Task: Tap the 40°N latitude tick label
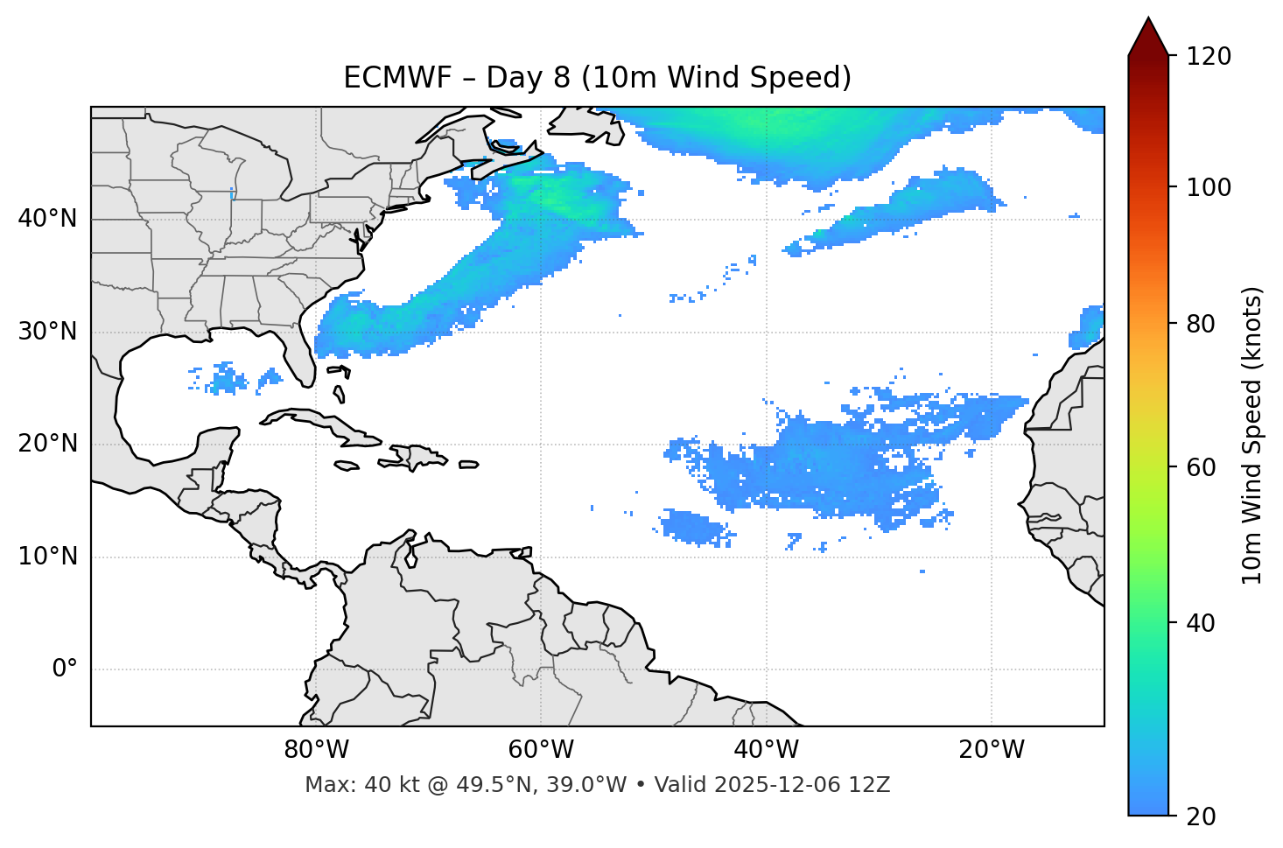click(47, 219)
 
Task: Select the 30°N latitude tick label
click(47, 332)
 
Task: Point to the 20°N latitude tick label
click(47, 444)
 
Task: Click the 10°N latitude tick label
click(47, 557)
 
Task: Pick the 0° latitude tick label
click(64, 669)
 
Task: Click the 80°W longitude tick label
click(316, 750)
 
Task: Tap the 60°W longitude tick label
click(541, 750)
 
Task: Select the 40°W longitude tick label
click(766, 750)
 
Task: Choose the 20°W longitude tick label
click(991, 750)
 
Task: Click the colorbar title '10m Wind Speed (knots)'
click(1252, 435)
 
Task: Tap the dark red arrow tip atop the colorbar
click(1148, 35)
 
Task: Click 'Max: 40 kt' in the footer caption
click(347, 785)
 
